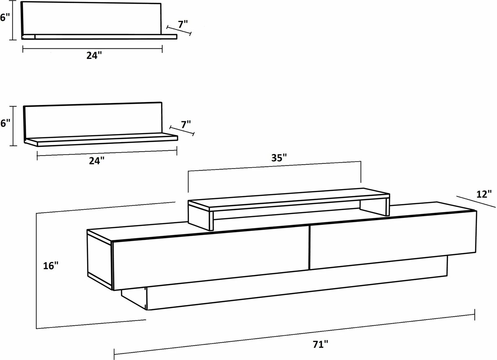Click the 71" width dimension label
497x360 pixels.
(320, 344)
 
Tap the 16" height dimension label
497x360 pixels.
(51, 266)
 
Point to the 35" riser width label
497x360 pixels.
(279, 158)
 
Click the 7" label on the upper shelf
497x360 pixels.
(183, 24)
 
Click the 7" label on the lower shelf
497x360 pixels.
(186, 124)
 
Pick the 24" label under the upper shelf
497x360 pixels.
(94, 56)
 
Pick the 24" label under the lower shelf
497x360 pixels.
(97, 161)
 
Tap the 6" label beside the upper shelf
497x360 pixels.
(5, 17)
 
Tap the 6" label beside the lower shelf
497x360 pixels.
(5, 123)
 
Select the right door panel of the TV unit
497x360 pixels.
(393, 240)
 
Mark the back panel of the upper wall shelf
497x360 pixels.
(91, 19)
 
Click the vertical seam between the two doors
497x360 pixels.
(309, 248)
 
